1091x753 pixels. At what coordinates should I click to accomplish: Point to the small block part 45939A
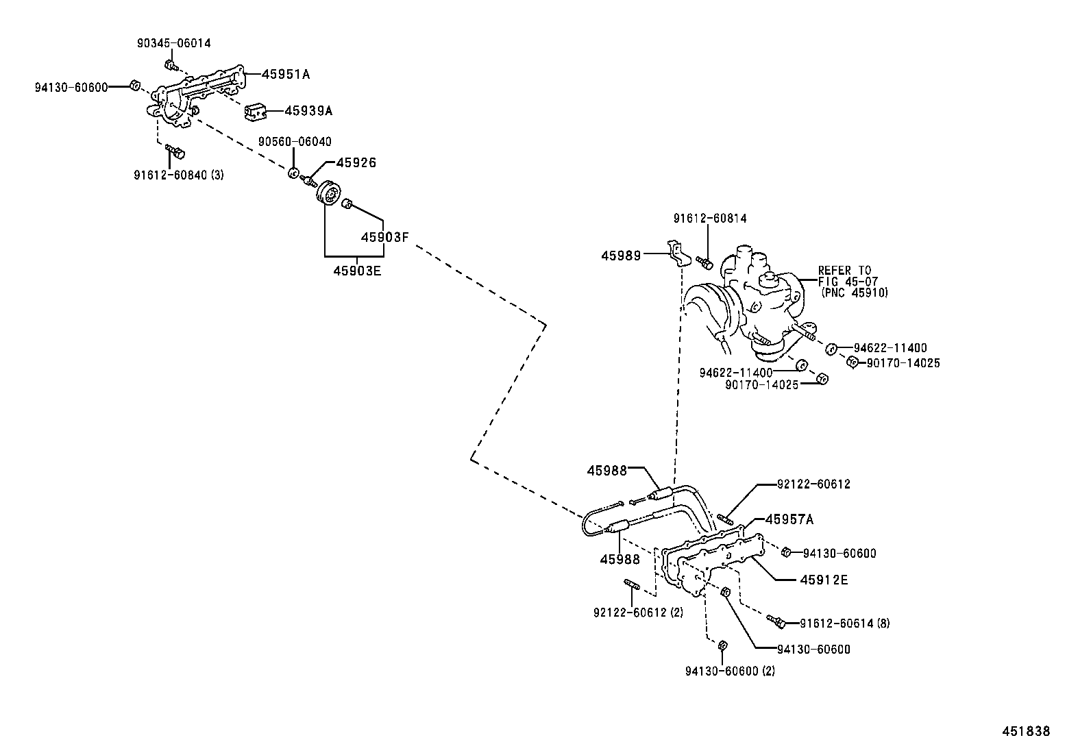click(x=255, y=112)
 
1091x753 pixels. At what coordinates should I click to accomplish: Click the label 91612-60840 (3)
click(x=178, y=175)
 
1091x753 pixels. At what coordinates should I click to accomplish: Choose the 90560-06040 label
click(x=294, y=142)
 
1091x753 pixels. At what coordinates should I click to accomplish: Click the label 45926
click(x=356, y=163)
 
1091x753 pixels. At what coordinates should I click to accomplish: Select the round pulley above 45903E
click(x=329, y=195)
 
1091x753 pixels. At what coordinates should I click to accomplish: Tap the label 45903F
click(x=384, y=237)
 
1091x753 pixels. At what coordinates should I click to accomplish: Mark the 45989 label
click(x=621, y=256)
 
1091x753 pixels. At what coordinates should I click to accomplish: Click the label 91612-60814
click(x=709, y=219)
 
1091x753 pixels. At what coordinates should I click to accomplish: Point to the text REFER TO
click(x=844, y=271)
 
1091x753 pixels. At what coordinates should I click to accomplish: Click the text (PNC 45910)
click(x=854, y=293)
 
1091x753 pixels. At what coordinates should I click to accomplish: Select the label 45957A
click(x=789, y=519)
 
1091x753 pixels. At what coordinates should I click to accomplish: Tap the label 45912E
click(x=824, y=580)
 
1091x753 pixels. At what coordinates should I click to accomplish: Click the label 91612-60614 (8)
click(x=845, y=624)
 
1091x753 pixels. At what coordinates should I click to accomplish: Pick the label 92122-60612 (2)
click(x=638, y=612)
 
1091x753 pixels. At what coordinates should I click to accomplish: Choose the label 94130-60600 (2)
click(x=730, y=671)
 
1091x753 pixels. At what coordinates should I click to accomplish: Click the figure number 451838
click(x=1025, y=732)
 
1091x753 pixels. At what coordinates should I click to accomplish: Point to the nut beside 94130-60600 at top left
click(x=136, y=85)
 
